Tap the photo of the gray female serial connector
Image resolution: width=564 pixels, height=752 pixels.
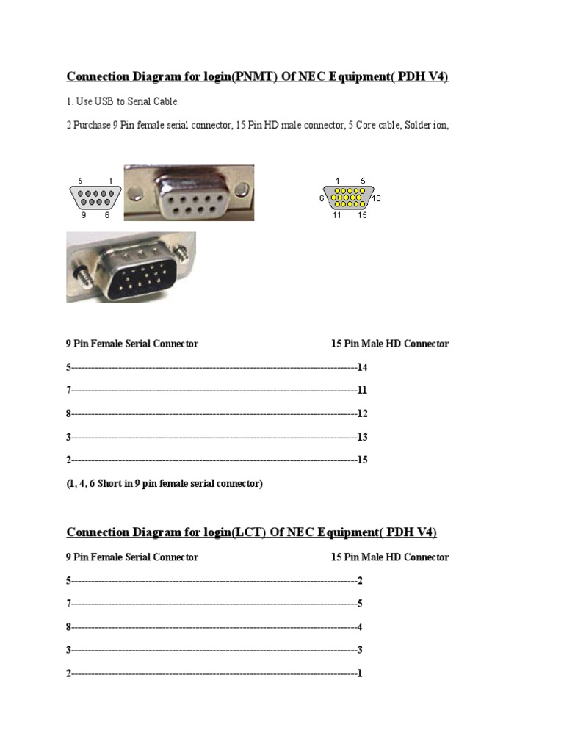[188, 192]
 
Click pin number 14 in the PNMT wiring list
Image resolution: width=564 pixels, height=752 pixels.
[361, 367]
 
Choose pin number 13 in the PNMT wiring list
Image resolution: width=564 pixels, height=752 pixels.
[361, 437]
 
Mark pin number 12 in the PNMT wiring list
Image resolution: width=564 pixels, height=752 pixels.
[361, 413]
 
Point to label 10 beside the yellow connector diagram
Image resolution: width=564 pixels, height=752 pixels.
[377, 198]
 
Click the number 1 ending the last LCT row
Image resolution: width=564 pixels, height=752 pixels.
[360, 673]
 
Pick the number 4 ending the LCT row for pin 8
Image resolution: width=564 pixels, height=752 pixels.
[360, 627]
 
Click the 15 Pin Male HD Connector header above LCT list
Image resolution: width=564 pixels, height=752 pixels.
[390, 557]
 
